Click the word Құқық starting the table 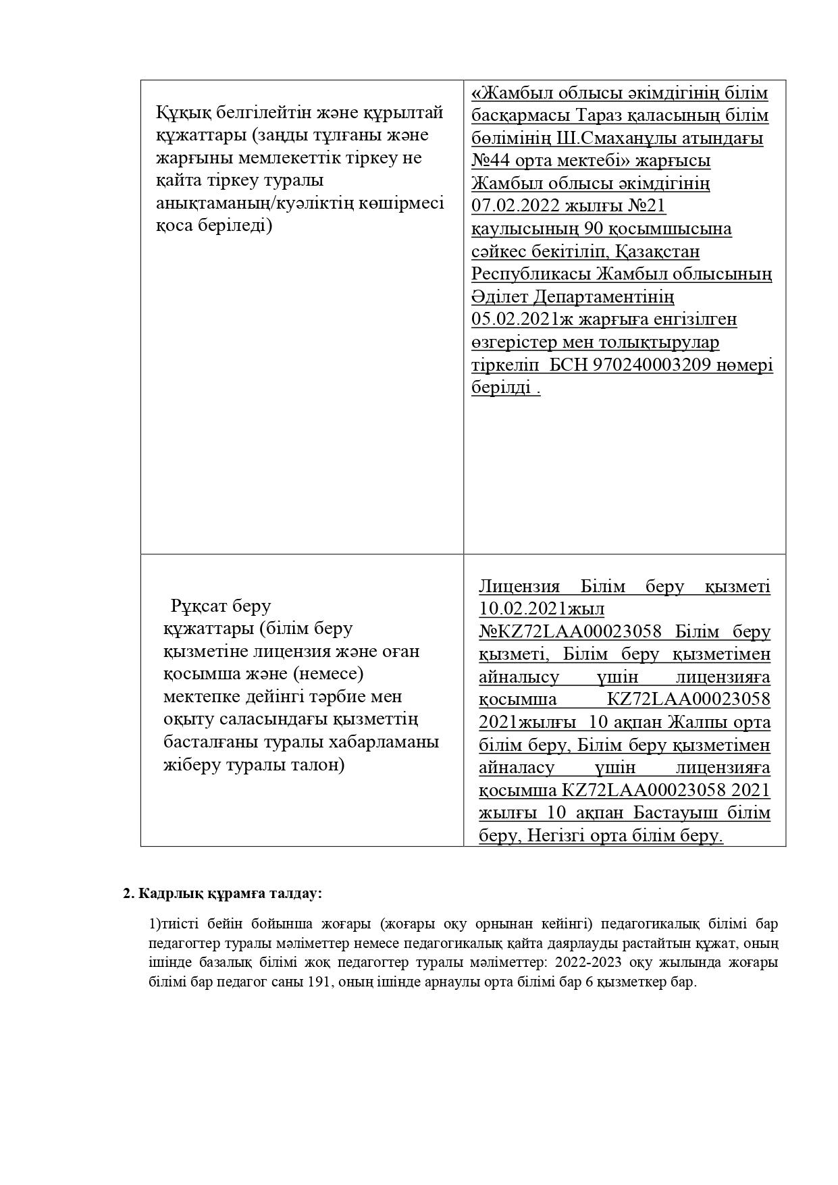[x=179, y=111]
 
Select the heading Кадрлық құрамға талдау [x=230, y=893]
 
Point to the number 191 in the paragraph [x=318, y=982]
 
